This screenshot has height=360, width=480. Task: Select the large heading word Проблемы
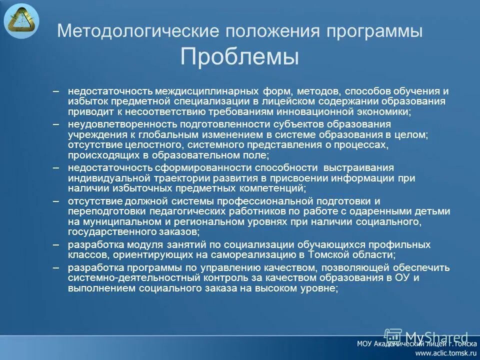click(239, 56)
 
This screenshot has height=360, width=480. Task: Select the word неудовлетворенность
click(117, 123)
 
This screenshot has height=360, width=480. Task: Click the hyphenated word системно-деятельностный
click(119, 278)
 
